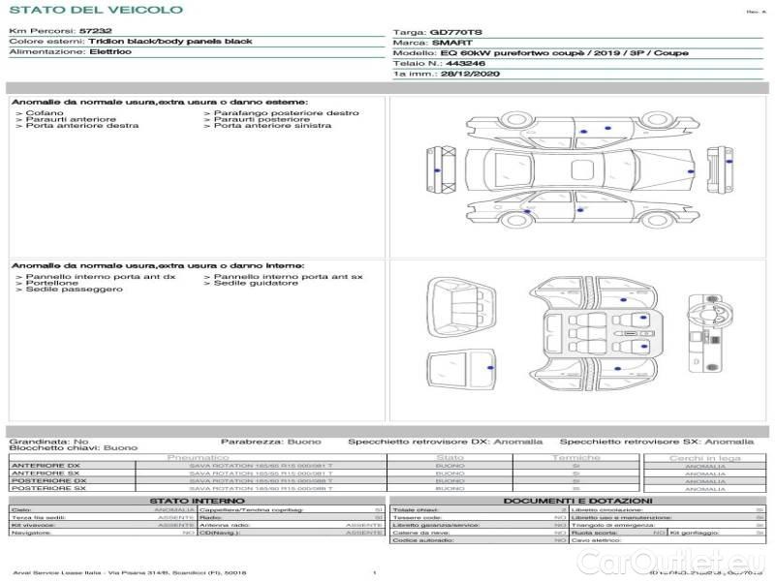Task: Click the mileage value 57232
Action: [x=95, y=32]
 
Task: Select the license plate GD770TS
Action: [x=455, y=32]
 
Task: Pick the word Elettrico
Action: [x=109, y=52]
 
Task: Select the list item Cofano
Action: [x=45, y=113]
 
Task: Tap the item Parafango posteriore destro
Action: [x=280, y=113]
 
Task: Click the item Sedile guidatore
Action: [x=256, y=283]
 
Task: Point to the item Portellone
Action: [x=51, y=283]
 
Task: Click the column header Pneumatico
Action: [x=198, y=457]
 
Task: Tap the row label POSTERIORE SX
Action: [x=47, y=489]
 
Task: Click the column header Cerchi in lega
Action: [x=704, y=457]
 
